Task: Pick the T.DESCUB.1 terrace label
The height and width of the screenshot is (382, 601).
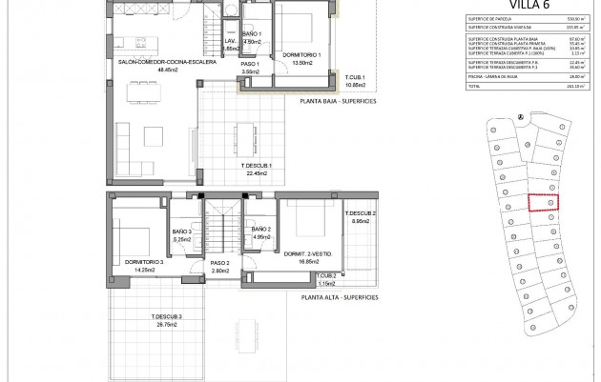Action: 258,166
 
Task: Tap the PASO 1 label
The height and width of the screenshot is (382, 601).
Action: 252,64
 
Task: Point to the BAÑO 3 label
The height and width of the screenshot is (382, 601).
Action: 183,231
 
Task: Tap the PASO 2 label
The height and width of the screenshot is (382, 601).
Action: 220,263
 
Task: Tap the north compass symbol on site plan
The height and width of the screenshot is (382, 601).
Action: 520,118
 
